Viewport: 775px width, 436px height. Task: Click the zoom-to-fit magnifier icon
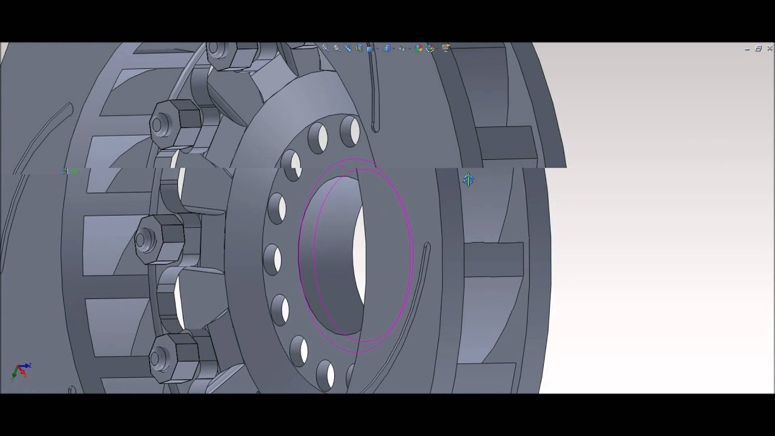point(325,48)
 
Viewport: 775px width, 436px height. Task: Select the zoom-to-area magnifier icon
point(337,48)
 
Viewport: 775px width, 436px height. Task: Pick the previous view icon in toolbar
point(348,48)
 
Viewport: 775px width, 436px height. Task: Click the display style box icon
point(387,48)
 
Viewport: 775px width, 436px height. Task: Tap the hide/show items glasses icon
point(402,48)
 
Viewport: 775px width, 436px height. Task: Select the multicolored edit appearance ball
point(418,48)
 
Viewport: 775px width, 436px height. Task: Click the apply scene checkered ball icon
point(430,48)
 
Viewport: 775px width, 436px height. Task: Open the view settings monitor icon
point(446,48)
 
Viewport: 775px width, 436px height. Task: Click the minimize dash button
point(747,49)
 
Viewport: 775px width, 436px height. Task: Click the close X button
point(770,48)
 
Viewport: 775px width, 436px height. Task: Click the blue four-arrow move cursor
point(469,180)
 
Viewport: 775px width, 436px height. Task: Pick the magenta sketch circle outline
point(300,254)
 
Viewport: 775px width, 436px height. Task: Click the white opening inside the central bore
point(359,254)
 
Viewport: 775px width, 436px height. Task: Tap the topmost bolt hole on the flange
point(350,131)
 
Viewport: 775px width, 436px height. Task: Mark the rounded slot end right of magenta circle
point(426,246)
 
